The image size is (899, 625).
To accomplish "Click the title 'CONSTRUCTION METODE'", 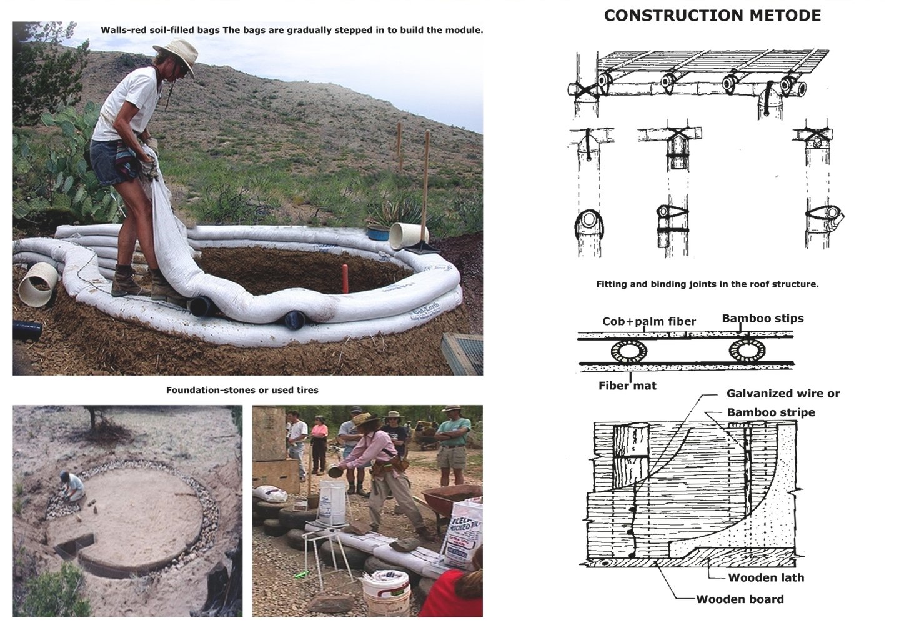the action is [x=712, y=16].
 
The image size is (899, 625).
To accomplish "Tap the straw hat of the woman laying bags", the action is [x=177, y=53].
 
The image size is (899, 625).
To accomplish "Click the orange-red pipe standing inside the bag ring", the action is [x=345, y=278].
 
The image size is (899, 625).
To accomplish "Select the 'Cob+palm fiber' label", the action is [x=649, y=321].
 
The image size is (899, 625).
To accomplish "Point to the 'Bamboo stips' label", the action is [x=763, y=319].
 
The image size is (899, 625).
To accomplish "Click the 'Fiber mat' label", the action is [x=627, y=386].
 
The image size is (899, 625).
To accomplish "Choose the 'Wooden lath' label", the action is [x=766, y=577].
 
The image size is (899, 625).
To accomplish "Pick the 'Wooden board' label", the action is [x=740, y=599].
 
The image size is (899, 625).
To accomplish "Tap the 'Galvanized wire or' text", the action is [x=783, y=393].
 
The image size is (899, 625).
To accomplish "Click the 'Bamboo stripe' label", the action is [x=771, y=412].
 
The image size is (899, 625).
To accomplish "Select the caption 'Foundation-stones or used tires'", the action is [x=242, y=390].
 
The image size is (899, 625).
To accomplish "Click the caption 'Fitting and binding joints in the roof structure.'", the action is [x=707, y=284].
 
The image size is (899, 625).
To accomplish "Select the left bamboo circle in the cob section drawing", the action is [x=629, y=351].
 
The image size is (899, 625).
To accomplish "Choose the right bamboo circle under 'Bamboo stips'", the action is [x=747, y=351].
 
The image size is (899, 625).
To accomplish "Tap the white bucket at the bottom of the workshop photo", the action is [x=385, y=592].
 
